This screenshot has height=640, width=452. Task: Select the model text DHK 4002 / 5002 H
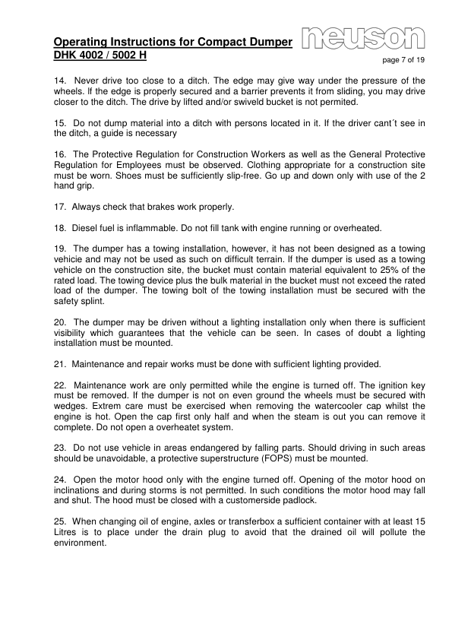click(x=100, y=56)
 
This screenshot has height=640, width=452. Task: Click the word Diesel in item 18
click(x=87, y=228)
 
